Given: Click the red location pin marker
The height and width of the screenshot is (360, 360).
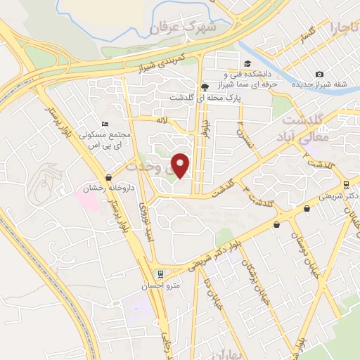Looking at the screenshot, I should pyautogui.click(x=181, y=166).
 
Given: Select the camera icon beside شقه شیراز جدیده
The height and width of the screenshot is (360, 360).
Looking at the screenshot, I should pyautogui.click(x=320, y=75).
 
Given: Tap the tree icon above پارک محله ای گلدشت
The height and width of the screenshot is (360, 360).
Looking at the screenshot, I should pyautogui.click(x=205, y=87).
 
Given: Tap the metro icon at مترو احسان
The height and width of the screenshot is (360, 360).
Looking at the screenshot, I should pyautogui.click(x=161, y=273).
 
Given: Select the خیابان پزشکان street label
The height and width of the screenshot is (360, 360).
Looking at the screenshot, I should pyautogui.click(x=249, y=274).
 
